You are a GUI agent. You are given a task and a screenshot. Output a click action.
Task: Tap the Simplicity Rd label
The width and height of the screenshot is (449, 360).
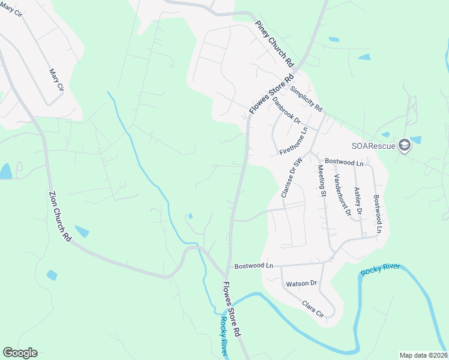[x=306, y=100]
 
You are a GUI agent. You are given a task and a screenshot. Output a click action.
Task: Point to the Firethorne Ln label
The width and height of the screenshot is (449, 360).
[x=294, y=141]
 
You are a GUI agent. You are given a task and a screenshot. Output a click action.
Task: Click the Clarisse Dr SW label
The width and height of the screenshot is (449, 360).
[x=291, y=178]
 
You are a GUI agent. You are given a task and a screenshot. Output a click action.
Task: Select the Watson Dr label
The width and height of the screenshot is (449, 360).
[x=301, y=283]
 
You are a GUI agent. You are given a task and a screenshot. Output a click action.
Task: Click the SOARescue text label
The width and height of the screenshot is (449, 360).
[x=372, y=145]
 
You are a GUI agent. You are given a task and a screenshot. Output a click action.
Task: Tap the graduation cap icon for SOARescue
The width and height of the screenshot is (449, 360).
[x=405, y=145]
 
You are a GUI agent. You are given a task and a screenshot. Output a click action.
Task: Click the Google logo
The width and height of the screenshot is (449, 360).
[x=20, y=353]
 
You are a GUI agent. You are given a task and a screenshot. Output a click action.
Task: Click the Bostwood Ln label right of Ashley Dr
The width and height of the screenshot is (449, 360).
[x=377, y=213]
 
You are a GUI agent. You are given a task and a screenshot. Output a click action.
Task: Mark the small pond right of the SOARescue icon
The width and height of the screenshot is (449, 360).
[x=416, y=140]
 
